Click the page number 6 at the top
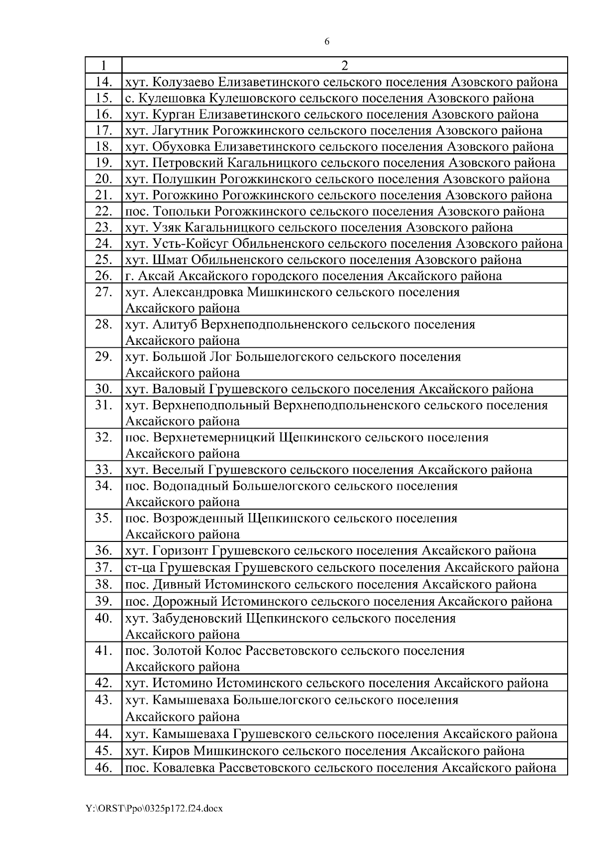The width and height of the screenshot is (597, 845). click(x=326, y=42)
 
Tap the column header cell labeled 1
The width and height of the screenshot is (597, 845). click(x=103, y=65)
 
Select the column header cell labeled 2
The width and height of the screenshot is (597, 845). click(x=344, y=65)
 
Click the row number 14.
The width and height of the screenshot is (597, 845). click(x=103, y=82)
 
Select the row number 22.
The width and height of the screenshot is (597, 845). click(x=103, y=211)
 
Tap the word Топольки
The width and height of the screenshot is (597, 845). click(x=182, y=211)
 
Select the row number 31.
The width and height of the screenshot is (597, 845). click(x=103, y=405)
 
